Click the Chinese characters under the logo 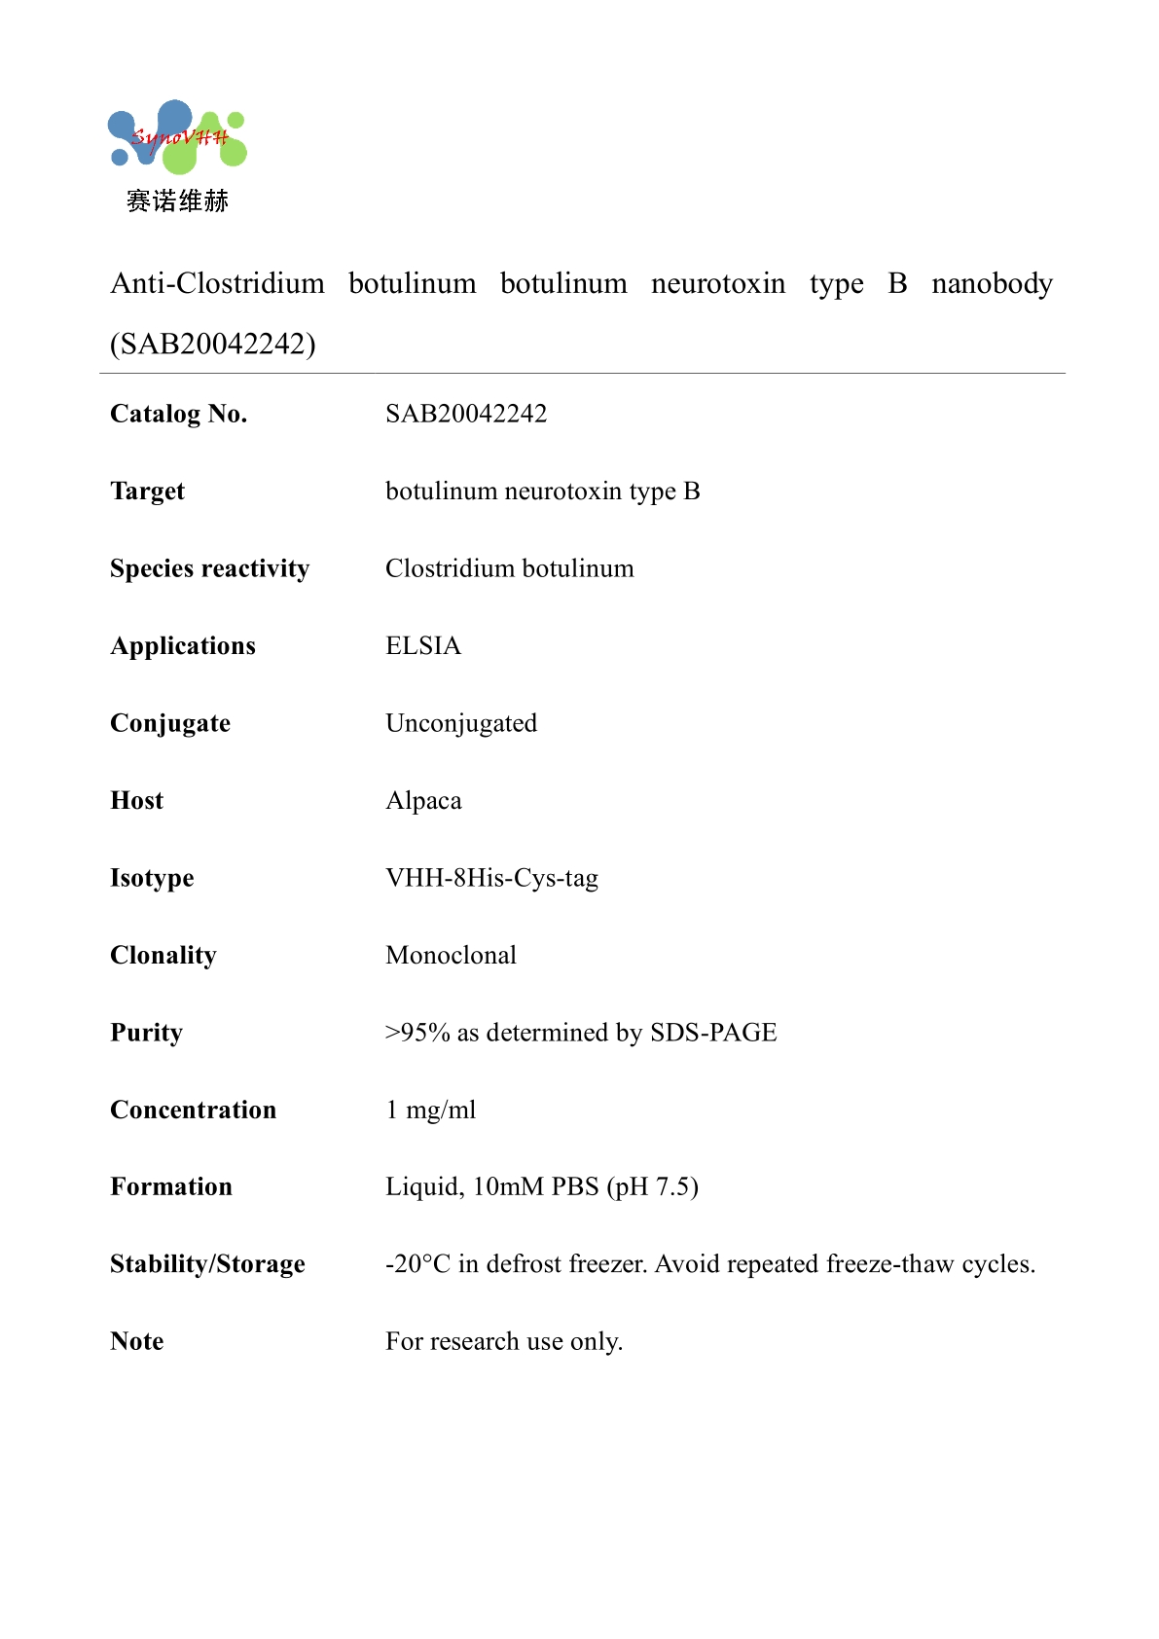pyautogui.click(x=177, y=201)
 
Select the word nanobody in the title pyautogui.click(x=992, y=283)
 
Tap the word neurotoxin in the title pyautogui.click(x=718, y=283)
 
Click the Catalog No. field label pyautogui.click(x=179, y=414)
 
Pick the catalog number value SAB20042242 pyautogui.click(x=466, y=414)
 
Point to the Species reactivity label pyautogui.click(x=209, y=568)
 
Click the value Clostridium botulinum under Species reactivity pyautogui.click(x=509, y=568)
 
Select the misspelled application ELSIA pyautogui.click(x=423, y=645)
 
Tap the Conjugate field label pyautogui.click(x=170, y=723)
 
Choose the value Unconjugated pyautogui.click(x=461, y=723)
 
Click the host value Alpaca pyautogui.click(x=423, y=801)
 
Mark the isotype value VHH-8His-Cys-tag pyautogui.click(x=491, y=878)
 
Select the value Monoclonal pyautogui.click(x=451, y=955)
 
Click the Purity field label pyautogui.click(x=146, y=1033)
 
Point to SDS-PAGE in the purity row pyautogui.click(x=713, y=1033)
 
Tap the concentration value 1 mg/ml pyautogui.click(x=431, y=1110)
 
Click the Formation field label pyautogui.click(x=171, y=1186)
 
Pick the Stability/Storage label pyautogui.click(x=207, y=1264)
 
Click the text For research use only pyautogui.click(x=504, y=1341)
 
